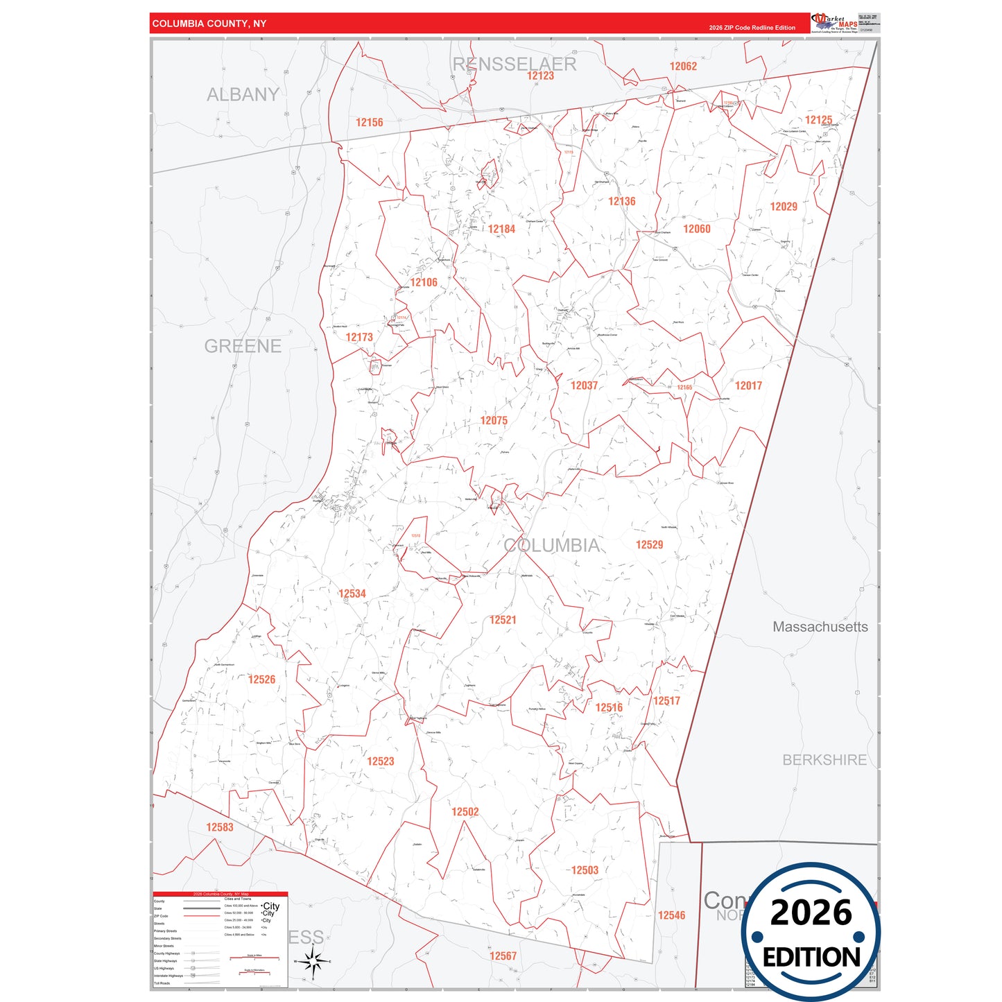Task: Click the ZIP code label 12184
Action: pyautogui.click(x=501, y=229)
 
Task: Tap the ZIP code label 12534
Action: pyautogui.click(x=352, y=594)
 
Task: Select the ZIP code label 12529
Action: pyautogui.click(x=649, y=544)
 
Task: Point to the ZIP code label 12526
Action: pyautogui.click(x=261, y=680)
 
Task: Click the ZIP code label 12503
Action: pyautogui.click(x=585, y=870)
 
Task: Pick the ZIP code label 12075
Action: pyautogui.click(x=494, y=420)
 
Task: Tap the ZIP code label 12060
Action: pyautogui.click(x=696, y=229)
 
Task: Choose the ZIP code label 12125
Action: pyautogui.click(x=818, y=120)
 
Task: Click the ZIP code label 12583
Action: pyautogui.click(x=219, y=827)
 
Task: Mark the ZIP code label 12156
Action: pyautogui.click(x=369, y=122)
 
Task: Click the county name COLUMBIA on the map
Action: pyautogui.click(x=552, y=546)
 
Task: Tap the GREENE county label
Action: pyautogui.click(x=243, y=346)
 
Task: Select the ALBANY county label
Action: pyautogui.click(x=243, y=94)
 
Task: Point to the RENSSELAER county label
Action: pyautogui.click(x=515, y=64)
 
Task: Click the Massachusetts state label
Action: pyautogui.click(x=820, y=627)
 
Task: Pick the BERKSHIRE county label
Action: pyautogui.click(x=824, y=760)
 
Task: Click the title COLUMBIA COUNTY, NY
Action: pyautogui.click(x=209, y=24)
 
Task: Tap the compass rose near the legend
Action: pyautogui.click(x=313, y=961)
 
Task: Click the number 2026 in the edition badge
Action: pyautogui.click(x=811, y=913)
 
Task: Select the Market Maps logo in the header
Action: pyautogui.click(x=833, y=23)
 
